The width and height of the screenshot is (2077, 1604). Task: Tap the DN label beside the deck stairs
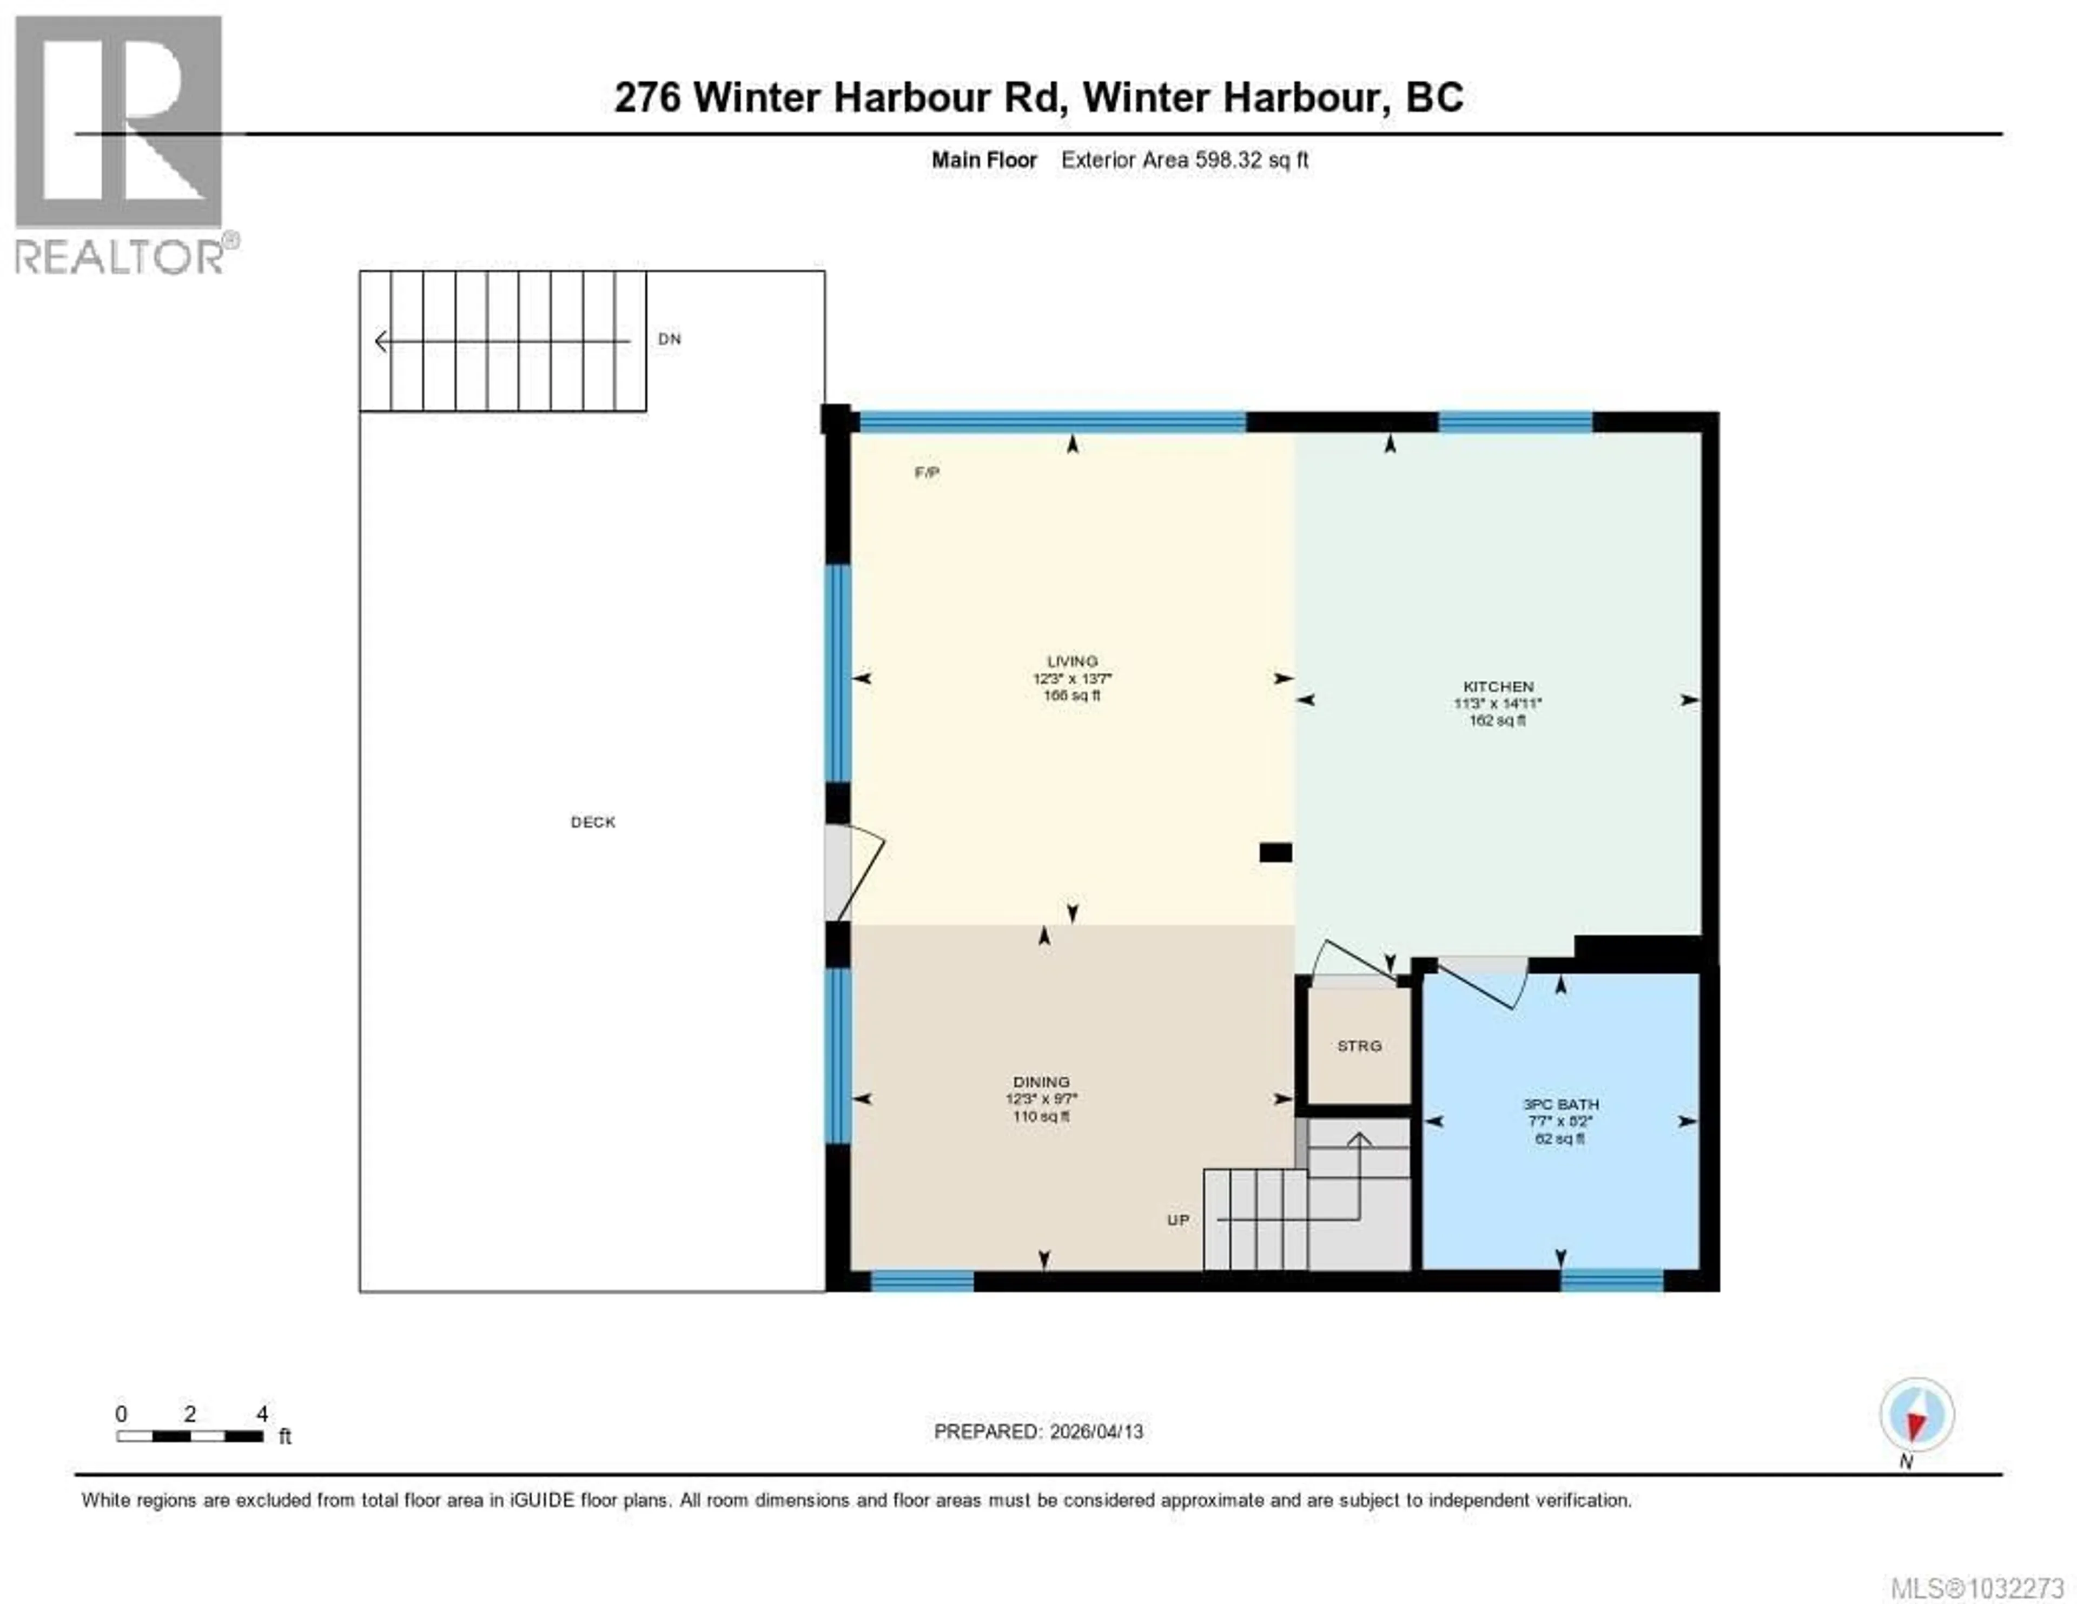pyautogui.click(x=670, y=339)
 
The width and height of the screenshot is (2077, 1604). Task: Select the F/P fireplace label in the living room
pyautogui.click(x=927, y=473)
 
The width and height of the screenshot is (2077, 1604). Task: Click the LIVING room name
pyautogui.click(x=1072, y=661)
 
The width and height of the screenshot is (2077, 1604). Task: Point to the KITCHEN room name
pyautogui.click(x=1498, y=686)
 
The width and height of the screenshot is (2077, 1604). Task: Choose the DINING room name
pyautogui.click(x=1041, y=1082)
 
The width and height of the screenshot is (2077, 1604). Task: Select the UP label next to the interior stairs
pyautogui.click(x=1178, y=1220)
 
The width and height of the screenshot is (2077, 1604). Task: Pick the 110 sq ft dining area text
pyautogui.click(x=1041, y=1116)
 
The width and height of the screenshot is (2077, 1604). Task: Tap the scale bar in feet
pyautogui.click(x=190, y=1436)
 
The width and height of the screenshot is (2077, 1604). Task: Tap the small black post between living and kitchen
pyautogui.click(x=1275, y=853)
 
